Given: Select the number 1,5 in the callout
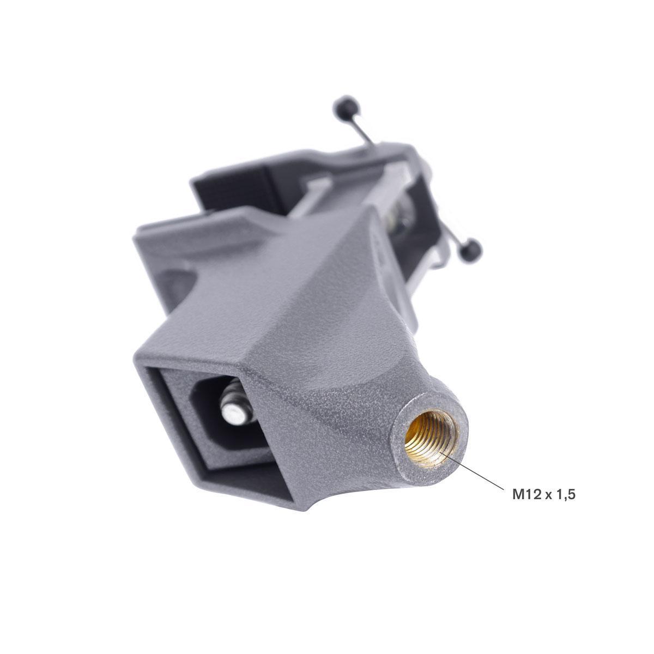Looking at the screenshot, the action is click(x=565, y=495).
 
